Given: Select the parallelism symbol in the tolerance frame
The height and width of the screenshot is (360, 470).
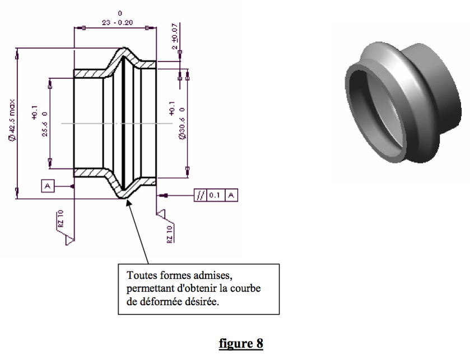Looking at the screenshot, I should click(x=201, y=195).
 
